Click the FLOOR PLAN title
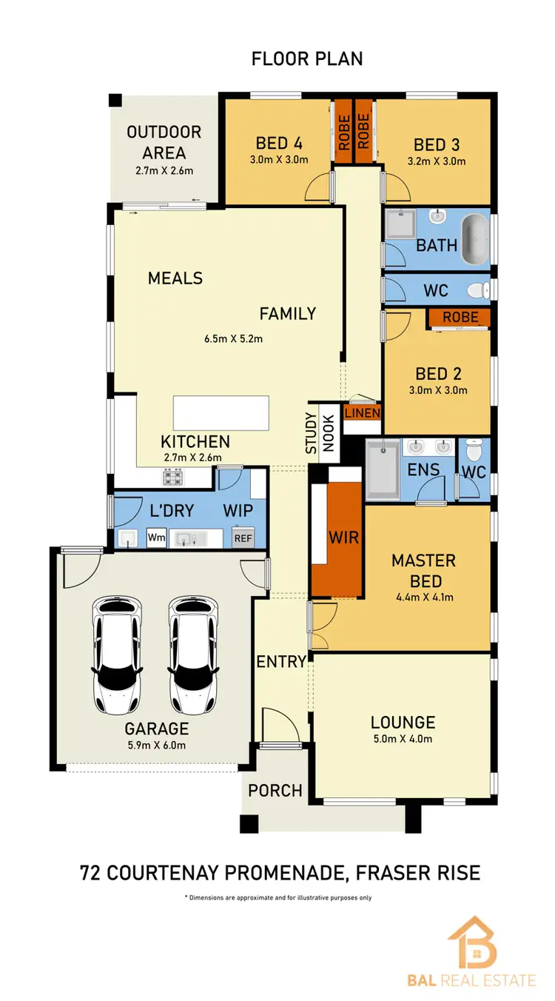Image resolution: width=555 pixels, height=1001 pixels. (307, 58)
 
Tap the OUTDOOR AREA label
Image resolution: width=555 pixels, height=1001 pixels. (164, 143)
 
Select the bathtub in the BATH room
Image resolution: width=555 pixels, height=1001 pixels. (476, 239)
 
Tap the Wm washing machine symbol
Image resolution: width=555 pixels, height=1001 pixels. (156, 538)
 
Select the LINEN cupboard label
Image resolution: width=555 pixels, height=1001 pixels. (362, 413)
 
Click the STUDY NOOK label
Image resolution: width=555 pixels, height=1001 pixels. (319, 432)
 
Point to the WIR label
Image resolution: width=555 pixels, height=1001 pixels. (344, 537)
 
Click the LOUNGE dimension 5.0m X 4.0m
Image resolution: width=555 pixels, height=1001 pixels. (403, 739)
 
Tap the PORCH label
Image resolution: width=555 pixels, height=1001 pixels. (275, 791)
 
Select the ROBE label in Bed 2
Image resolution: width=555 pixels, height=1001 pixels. (460, 318)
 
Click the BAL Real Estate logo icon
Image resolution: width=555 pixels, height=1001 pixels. (471, 942)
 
